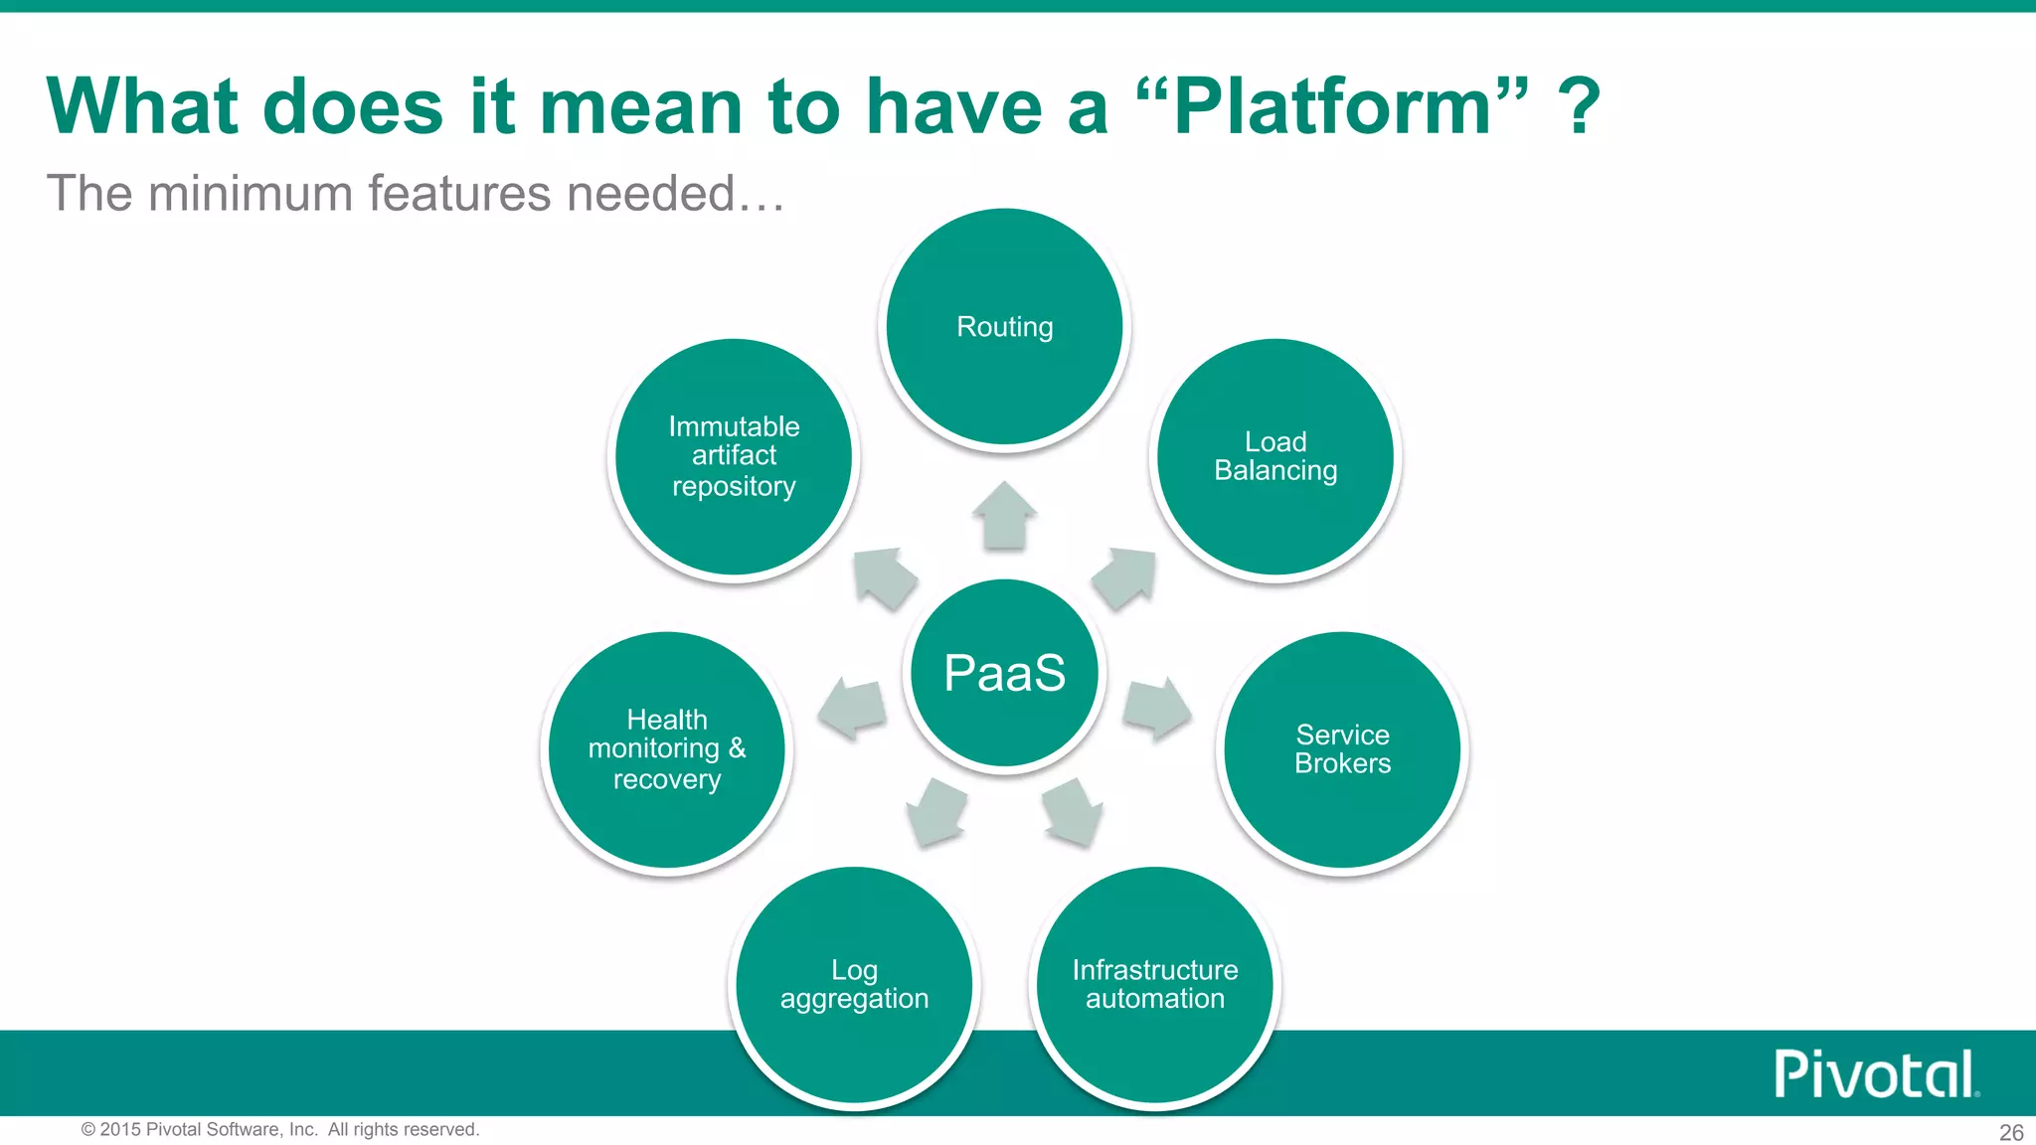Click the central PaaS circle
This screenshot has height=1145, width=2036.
point(1004,673)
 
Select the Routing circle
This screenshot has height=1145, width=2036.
point(1004,326)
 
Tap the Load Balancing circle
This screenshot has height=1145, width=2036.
point(1275,456)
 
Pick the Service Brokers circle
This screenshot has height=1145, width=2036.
point(1342,749)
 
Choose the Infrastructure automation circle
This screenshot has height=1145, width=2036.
point(1154,984)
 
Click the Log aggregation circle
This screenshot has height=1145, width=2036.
point(854,984)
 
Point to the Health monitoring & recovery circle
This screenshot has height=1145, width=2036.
point(667,749)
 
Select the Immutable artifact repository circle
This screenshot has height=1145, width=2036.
point(734,456)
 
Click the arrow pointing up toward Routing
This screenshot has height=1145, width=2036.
point(1004,517)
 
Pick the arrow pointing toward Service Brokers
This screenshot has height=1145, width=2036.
point(1156,709)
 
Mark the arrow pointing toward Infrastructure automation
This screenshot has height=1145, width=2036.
point(1073,810)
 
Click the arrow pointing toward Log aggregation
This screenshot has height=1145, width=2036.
point(937,810)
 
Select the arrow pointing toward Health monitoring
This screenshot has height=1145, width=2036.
point(853,709)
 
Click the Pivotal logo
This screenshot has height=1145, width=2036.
point(1876,1074)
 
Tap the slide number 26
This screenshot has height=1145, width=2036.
point(2011,1132)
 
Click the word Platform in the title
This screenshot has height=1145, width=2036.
point(1332,106)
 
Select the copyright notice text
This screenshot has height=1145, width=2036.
point(280,1129)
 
